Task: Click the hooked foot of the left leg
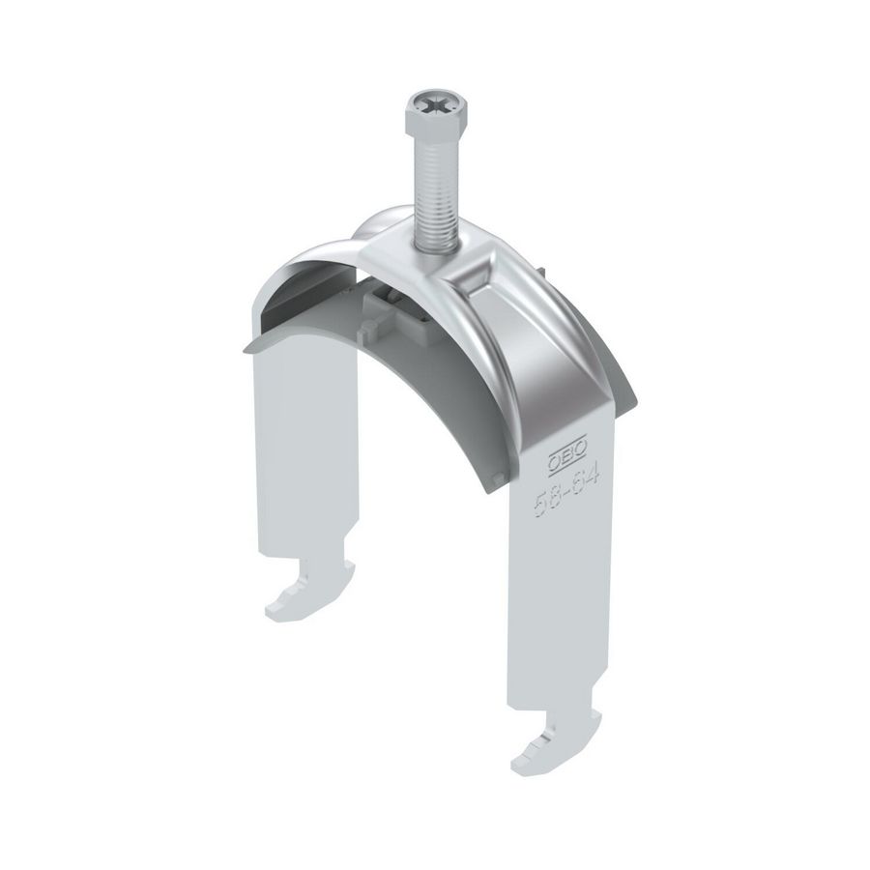point(290,601)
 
